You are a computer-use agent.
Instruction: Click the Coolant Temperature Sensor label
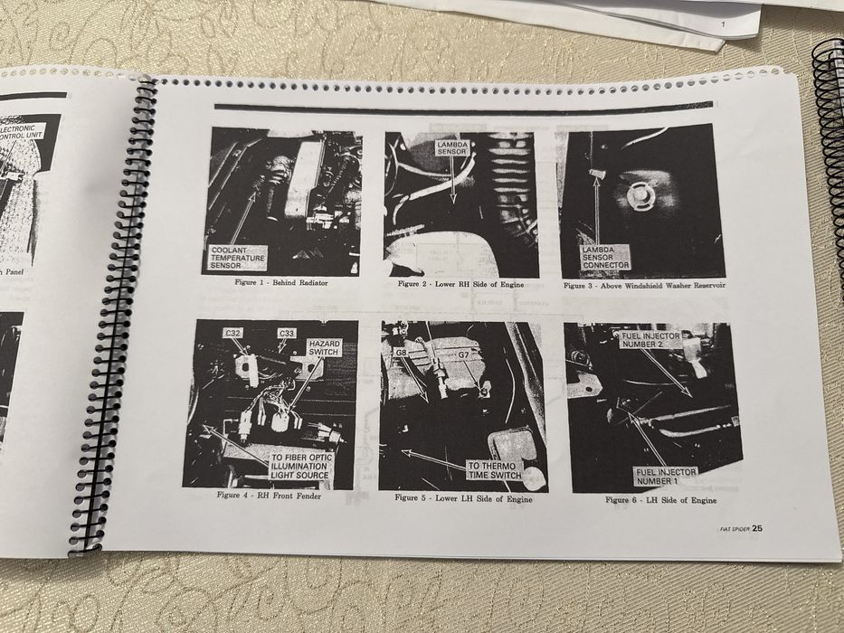pyautogui.click(x=238, y=258)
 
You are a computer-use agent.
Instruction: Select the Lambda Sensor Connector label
pyautogui.click(x=605, y=257)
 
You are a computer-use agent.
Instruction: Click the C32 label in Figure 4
pyautogui.click(x=232, y=333)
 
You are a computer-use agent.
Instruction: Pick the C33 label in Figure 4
pyautogui.click(x=286, y=334)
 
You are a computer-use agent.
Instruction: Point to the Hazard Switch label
pyautogui.click(x=324, y=348)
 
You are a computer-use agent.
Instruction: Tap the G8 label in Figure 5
pyautogui.click(x=402, y=352)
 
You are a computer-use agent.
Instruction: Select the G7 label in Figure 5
pyautogui.click(x=462, y=355)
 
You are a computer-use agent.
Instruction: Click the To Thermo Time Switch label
pyautogui.click(x=493, y=469)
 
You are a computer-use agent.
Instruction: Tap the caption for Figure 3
pyautogui.click(x=644, y=286)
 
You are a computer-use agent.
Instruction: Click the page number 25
pyautogui.click(x=756, y=529)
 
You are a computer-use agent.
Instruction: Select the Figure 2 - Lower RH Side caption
pyautogui.click(x=460, y=284)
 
